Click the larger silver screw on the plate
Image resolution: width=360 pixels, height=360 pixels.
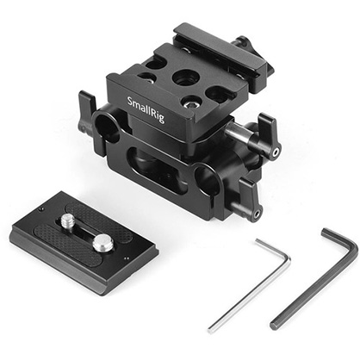click(x=102, y=245)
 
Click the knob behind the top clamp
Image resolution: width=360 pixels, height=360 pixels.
click(x=243, y=42)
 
